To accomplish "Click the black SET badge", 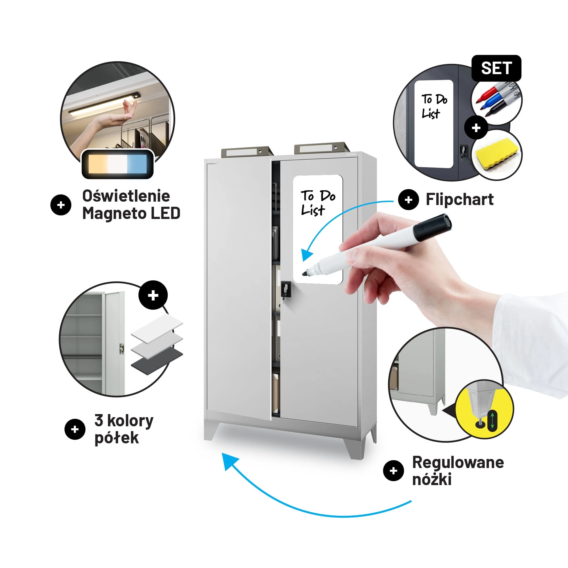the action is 496,68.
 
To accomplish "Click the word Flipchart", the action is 460,199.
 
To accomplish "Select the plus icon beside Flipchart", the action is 408,200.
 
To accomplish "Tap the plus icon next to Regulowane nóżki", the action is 393,471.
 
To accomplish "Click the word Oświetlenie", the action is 126,195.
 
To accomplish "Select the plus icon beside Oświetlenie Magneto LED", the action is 61,205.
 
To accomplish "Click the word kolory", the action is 130,421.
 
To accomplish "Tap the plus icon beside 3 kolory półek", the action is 75,429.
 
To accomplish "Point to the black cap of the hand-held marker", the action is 433,227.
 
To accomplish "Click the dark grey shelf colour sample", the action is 157,361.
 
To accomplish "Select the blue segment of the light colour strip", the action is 136,164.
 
